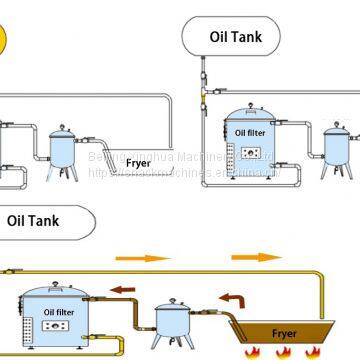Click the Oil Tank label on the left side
click(x=37, y=217)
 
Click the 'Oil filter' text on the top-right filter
click(x=252, y=131)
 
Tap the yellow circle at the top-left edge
click(x=5, y=40)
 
